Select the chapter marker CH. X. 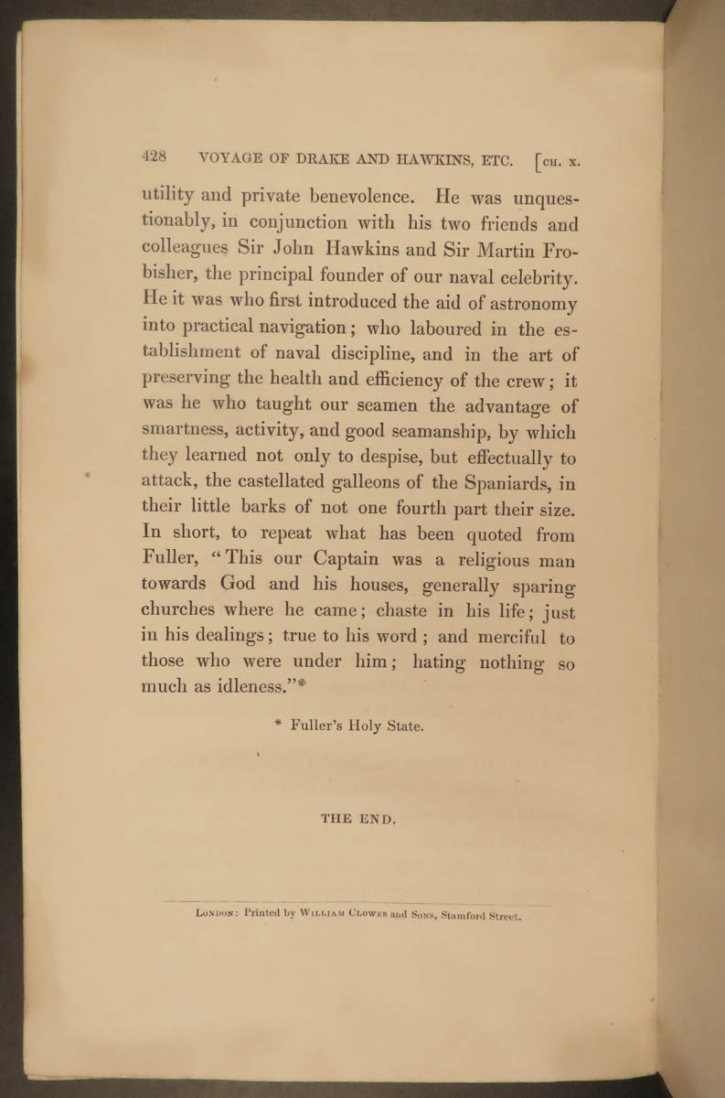click(559, 163)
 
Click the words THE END click(358, 819)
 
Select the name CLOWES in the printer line click(367, 913)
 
